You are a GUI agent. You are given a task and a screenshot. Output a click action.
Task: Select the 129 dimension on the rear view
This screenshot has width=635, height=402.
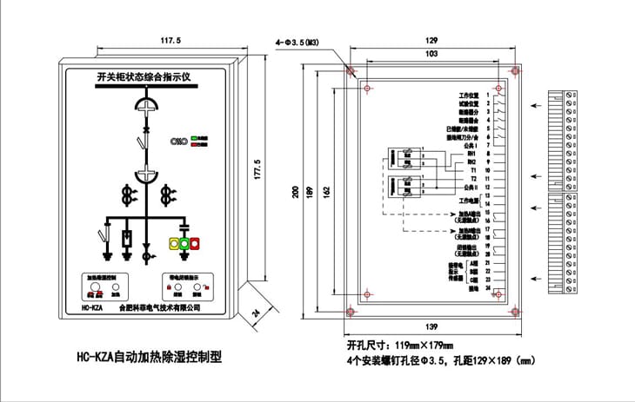tap(432, 41)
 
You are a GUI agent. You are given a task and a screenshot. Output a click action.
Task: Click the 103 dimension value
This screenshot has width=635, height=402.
tap(432, 54)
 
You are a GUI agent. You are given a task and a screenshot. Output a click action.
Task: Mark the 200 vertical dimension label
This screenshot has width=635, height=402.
tap(295, 193)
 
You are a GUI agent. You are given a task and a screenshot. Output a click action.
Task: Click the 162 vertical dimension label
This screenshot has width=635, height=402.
tap(325, 193)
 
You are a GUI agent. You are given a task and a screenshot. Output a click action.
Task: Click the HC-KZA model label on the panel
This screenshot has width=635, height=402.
tap(91, 306)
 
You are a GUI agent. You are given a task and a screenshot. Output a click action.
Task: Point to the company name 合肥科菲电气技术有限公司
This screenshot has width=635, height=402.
tap(159, 306)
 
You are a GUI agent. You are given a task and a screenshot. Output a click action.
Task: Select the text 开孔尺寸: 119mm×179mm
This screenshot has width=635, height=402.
tap(400, 344)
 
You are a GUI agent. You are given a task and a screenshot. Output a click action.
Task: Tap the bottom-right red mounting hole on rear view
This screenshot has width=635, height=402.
tap(515, 310)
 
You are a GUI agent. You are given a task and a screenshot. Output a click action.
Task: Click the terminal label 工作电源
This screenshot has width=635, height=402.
tap(469, 200)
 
